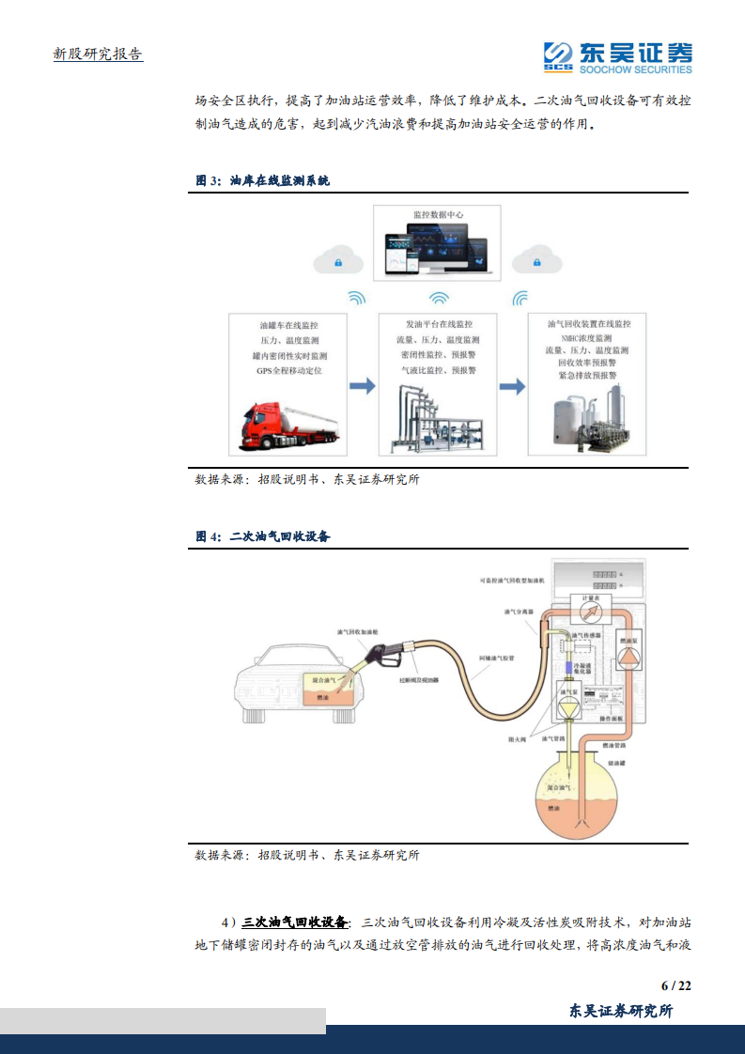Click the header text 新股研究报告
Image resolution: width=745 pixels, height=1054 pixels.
coord(98,54)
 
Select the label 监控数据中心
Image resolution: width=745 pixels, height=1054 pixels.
coord(438,215)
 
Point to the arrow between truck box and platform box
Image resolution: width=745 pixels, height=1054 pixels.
coord(362,386)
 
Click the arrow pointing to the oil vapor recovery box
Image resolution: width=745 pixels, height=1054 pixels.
coord(512,386)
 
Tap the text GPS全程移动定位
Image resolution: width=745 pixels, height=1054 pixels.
coord(288,371)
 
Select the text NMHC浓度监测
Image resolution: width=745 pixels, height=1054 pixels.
coord(586,337)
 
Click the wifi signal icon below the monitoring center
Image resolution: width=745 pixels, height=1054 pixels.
coord(439,299)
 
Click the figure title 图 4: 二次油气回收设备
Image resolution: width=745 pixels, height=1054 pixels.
coord(263,536)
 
